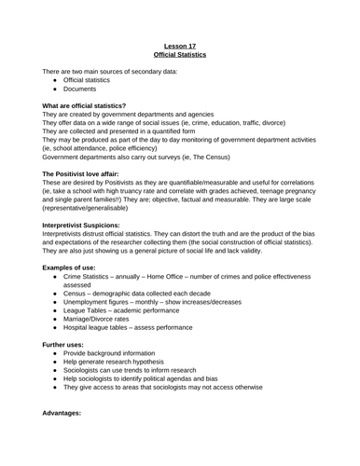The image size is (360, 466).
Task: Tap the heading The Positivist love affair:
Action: [x=87, y=175]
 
